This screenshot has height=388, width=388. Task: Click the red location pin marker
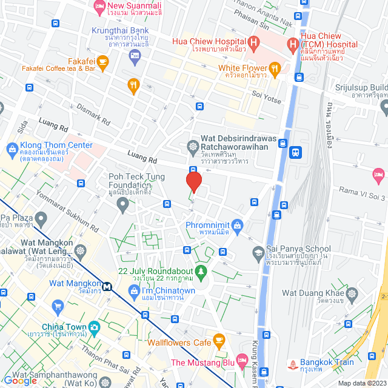pyautogui.click(x=193, y=182)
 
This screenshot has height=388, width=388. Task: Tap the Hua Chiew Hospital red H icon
pyautogui.click(x=254, y=43)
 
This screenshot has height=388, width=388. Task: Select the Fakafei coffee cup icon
pyautogui.click(x=102, y=61)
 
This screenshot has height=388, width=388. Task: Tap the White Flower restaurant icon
pyautogui.click(x=275, y=68)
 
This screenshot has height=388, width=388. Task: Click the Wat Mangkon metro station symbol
pyautogui.click(x=107, y=287)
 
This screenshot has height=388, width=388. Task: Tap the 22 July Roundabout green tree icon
pyautogui.click(x=202, y=271)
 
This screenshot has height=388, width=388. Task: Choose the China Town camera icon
pyautogui.click(x=94, y=328)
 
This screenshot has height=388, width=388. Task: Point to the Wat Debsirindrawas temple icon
pyautogui.click(x=193, y=146)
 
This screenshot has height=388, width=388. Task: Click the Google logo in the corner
pyautogui.click(x=19, y=380)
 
